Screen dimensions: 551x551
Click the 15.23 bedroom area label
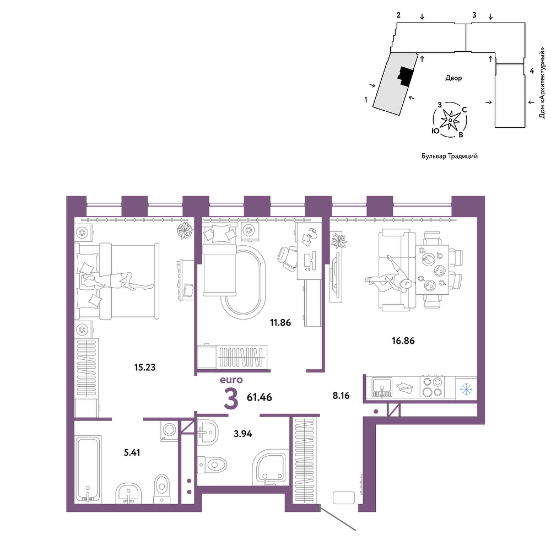click(145, 368)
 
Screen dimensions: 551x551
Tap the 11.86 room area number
click(280, 322)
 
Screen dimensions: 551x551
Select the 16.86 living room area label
click(403, 341)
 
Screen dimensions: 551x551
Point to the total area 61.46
click(260, 397)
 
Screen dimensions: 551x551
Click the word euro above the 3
click(231, 380)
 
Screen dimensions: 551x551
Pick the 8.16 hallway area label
click(341, 396)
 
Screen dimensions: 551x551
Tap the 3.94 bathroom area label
click(243, 434)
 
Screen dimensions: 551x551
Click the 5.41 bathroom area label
click(132, 452)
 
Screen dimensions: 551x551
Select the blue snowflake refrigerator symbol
click(466, 389)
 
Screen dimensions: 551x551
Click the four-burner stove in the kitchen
click(432, 387)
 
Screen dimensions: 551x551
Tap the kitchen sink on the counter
click(382, 387)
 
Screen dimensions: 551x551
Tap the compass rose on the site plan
click(450, 120)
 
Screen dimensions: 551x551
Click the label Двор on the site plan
click(453, 78)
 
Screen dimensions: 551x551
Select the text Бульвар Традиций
click(450, 156)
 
